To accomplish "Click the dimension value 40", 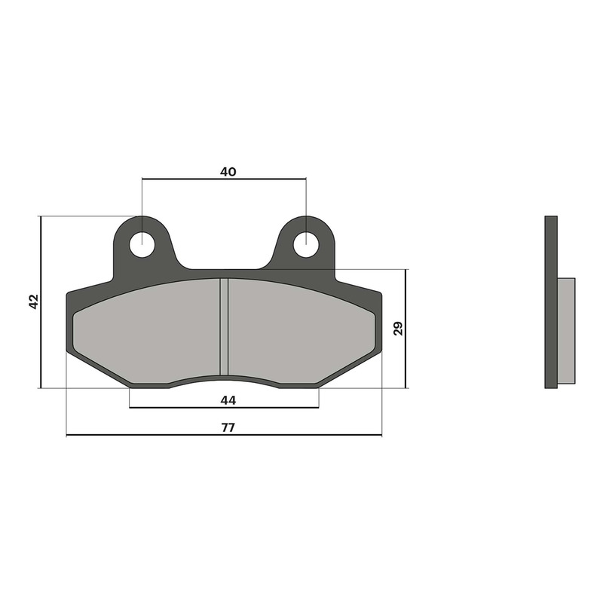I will click(x=228, y=171).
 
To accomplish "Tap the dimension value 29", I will click(x=398, y=328).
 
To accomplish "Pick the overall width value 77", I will click(x=228, y=427).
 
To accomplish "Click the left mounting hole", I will click(x=142, y=244).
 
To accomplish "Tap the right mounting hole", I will click(x=305, y=243).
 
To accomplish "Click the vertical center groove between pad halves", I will click(x=224, y=324).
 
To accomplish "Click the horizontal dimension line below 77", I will click(x=151, y=436).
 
